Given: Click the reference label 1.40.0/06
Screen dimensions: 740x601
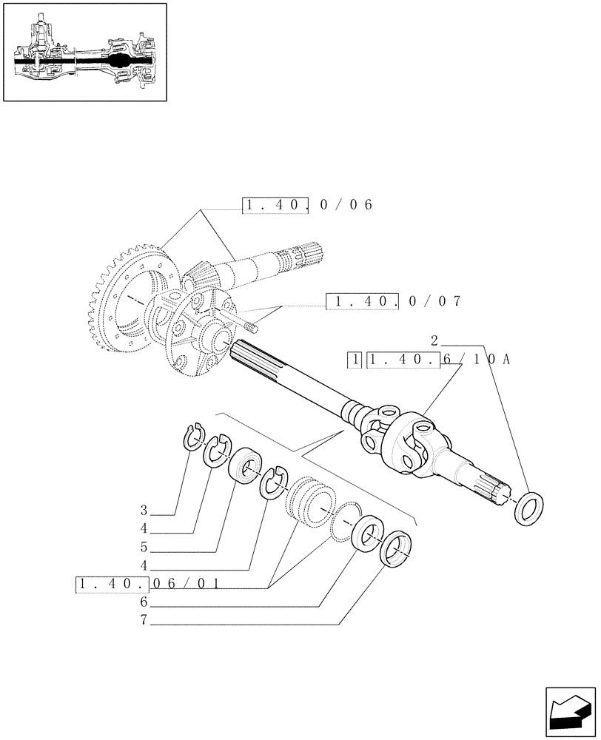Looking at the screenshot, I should pyautogui.click(x=306, y=205).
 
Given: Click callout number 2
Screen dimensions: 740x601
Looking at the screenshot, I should pyautogui.click(x=435, y=341).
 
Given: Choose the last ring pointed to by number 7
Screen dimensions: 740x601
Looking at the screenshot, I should pyautogui.click(x=395, y=548).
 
